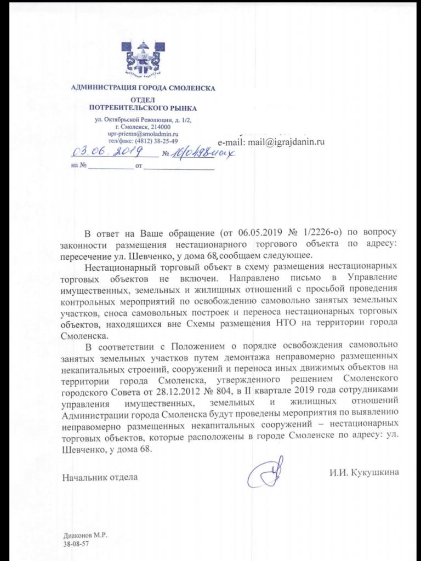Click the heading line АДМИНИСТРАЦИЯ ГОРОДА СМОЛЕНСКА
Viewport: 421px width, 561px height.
144,88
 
